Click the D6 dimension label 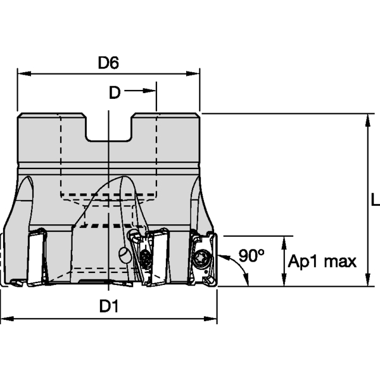(x=109, y=63)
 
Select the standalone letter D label (x=114, y=93)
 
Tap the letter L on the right (x=374, y=201)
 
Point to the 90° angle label (x=251, y=256)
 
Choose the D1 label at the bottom (x=109, y=307)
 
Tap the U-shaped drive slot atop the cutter (x=109, y=130)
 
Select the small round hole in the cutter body (x=125, y=255)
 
